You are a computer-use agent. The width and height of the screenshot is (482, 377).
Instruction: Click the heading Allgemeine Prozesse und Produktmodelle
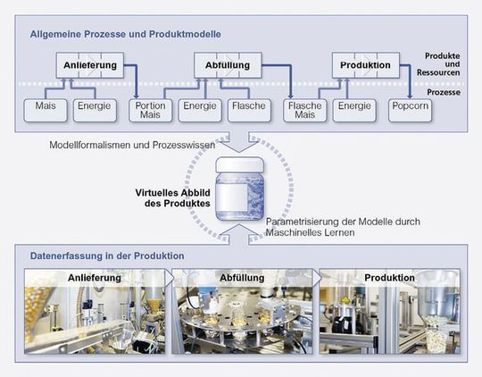pos(126,34)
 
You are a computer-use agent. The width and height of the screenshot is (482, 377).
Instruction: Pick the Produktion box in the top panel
pos(367,65)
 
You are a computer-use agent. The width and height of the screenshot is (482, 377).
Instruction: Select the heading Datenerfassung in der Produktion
pos(106,256)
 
